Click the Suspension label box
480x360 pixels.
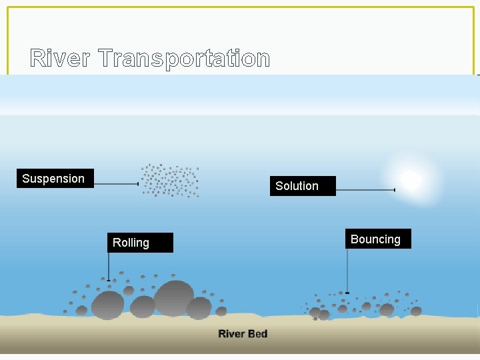click(x=55, y=179)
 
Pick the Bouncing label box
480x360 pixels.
click(x=378, y=239)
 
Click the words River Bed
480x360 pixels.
click(x=243, y=333)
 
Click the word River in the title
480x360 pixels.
click(x=61, y=59)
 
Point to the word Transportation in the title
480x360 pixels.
click(x=184, y=59)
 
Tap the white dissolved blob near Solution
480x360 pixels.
click(x=411, y=179)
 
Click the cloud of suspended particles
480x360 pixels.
click(x=170, y=180)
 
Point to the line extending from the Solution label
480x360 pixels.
click(x=365, y=191)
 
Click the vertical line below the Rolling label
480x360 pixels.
click(x=109, y=266)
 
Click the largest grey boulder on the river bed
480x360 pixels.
click(x=174, y=297)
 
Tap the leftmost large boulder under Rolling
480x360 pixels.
click(x=107, y=305)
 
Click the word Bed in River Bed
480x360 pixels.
click(x=258, y=333)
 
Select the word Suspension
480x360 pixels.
click(x=53, y=179)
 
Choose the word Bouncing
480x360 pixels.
click(x=375, y=239)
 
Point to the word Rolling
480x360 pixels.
click(x=131, y=243)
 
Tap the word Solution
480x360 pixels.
click(x=297, y=186)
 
